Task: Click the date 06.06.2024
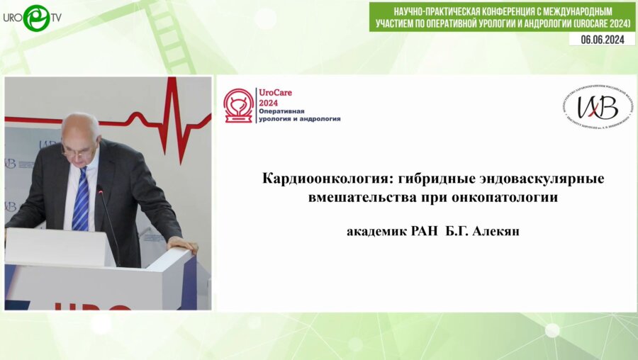coord(602,40)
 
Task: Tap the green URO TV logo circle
coord(36,18)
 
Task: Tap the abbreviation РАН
coord(425,232)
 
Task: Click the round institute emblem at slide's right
coord(599,108)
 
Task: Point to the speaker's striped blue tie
coord(81,200)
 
